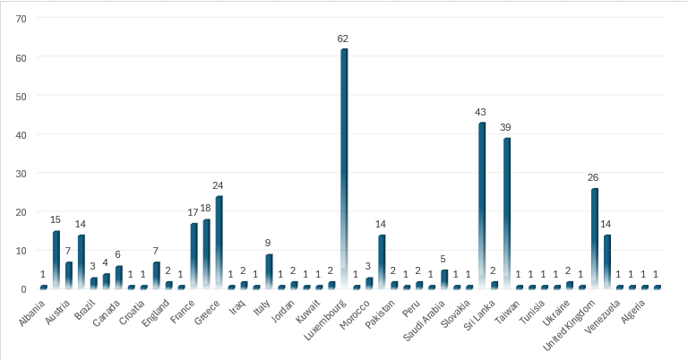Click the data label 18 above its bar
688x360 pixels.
(x=206, y=209)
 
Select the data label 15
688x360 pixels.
(x=56, y=220)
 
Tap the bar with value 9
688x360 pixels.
(x=269, y=270)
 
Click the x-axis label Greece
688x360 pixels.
(x=208, y=307)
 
